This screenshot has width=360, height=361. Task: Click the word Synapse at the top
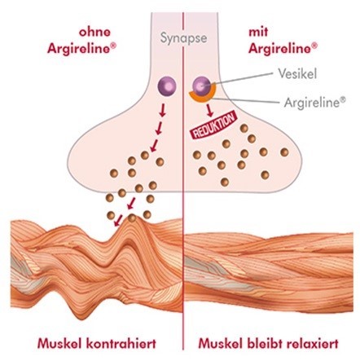tap(183, 38)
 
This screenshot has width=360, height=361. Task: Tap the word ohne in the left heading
tap(94, 32)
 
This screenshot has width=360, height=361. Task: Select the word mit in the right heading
tap(258, 32)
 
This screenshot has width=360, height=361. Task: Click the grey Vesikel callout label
tap(297, 73)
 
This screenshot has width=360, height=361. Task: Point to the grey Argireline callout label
tap(315, 103)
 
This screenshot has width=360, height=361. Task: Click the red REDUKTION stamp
tap(213, 125)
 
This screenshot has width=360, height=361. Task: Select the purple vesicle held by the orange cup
tap(201, 86)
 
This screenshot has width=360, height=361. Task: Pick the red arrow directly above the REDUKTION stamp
tap(209, 109)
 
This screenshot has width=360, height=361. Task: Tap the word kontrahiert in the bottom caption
tap(121, 343)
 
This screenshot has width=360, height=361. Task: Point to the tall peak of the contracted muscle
tap(133, 221)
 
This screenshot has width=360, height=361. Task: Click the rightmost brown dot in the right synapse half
tap(284, 152)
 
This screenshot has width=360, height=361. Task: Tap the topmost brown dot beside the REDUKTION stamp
tap(244, 128)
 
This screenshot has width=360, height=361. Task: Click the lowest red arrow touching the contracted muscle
tap(118, 220)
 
